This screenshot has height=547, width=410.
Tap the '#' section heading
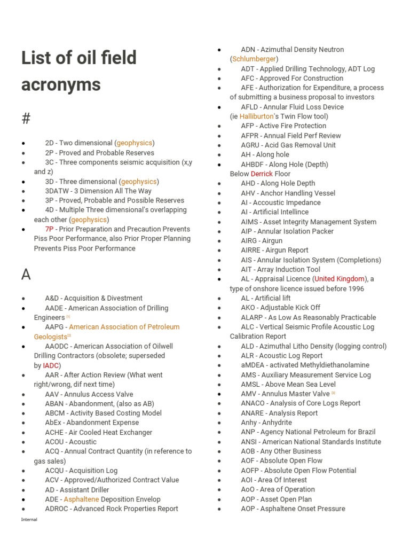(x=26, y=118)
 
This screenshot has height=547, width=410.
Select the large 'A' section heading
(x=26, y=275)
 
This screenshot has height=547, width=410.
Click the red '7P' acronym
(x=50, y=229)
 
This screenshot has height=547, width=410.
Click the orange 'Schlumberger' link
(x=254, y=59)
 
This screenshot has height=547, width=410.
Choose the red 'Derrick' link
(x=262, y=174)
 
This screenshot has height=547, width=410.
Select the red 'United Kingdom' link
(x=340, y=279)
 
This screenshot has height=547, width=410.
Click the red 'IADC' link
(x=51, y=365)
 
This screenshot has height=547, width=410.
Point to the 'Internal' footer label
(x=29, y=520)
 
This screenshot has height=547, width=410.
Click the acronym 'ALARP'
(x=253, y=317)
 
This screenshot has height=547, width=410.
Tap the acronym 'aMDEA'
(x=253, y=365)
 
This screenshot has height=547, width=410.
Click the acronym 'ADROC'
(x=57, y=509)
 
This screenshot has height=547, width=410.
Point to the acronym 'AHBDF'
(x=253, y=165)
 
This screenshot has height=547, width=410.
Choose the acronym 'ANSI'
(x=249, y=442)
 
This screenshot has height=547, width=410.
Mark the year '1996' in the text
(x=354, y=289)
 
